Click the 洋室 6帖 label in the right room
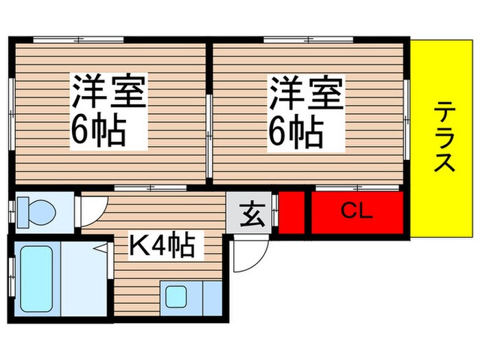click(x=304, y=113)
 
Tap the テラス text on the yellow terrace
click(x=445, y=136)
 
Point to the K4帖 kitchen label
click(x=162, y=244)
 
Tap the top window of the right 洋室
click(x=309, y=39)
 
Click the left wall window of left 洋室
click(x=12, y=113)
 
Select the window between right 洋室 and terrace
click(x=407, y=113)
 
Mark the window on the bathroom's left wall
click(x=12, y=278)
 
